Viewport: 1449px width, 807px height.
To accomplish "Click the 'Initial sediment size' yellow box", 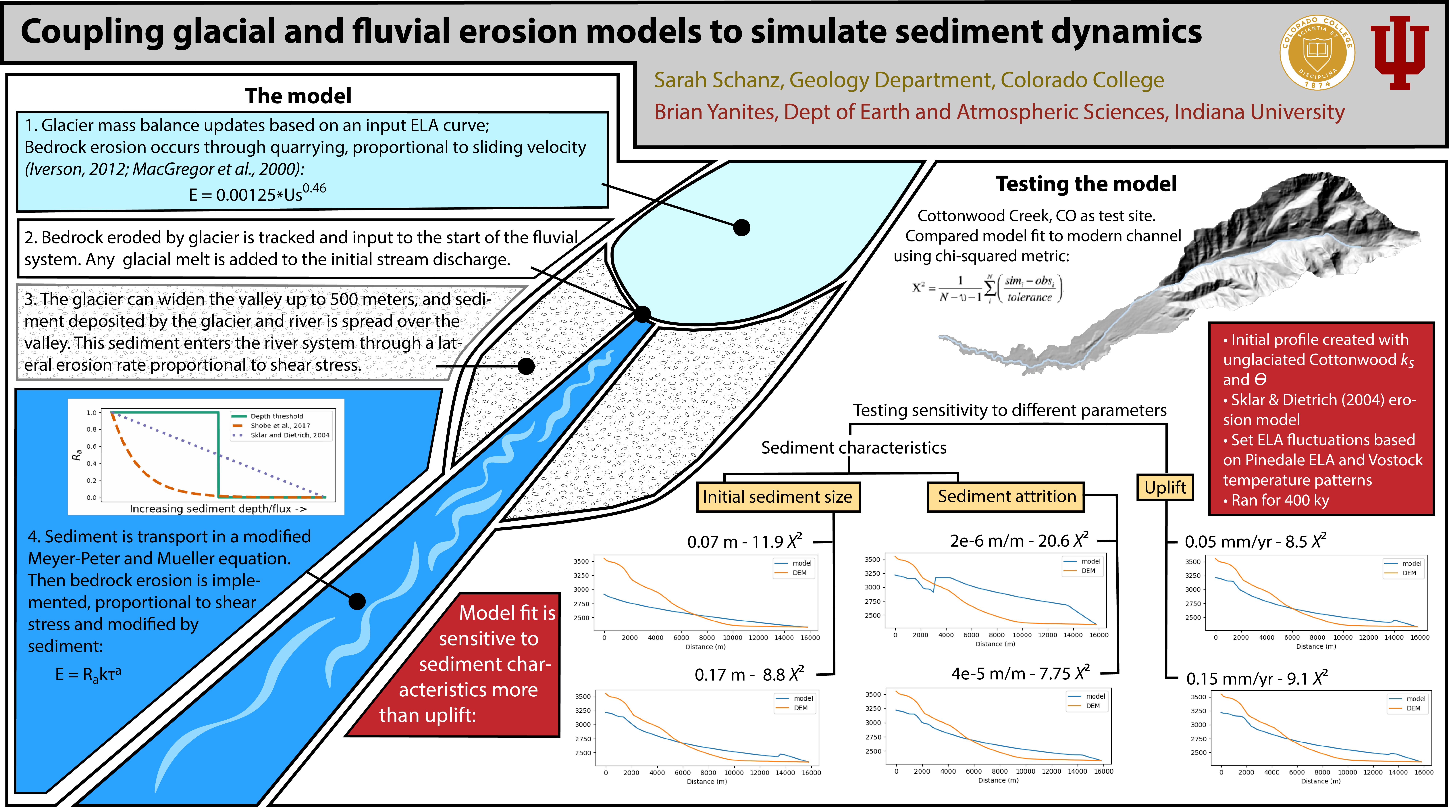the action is (x=778, y=496).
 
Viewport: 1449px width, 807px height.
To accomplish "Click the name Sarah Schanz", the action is (x=718, y=80).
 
